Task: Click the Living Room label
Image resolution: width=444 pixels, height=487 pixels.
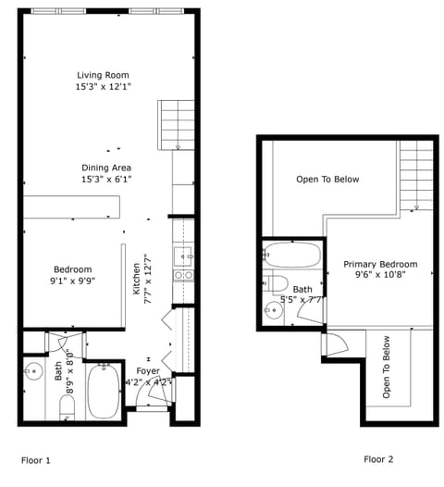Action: tap(103, 75)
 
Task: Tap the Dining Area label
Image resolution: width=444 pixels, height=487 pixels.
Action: tap(105, 168)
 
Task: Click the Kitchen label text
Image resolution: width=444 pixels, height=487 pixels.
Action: tap(136, 277)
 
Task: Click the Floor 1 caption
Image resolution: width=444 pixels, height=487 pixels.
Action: tap(36, 459)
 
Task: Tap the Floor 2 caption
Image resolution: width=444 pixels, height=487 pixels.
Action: tap(378, 459)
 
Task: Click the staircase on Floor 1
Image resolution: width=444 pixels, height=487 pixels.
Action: tap(175, 124)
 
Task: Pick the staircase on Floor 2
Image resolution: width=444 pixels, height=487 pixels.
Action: tap(416, 176)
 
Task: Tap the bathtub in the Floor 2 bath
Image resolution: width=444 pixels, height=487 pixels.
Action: tap(292, 255)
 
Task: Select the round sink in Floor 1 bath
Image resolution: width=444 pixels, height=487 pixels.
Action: tap(33, 372)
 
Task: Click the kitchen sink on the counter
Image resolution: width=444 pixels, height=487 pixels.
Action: tap(183, 255)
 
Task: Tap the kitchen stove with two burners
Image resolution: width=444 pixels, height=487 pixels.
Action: tap(183, 275)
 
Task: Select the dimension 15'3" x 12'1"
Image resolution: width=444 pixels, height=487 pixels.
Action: tap(103, 87)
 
